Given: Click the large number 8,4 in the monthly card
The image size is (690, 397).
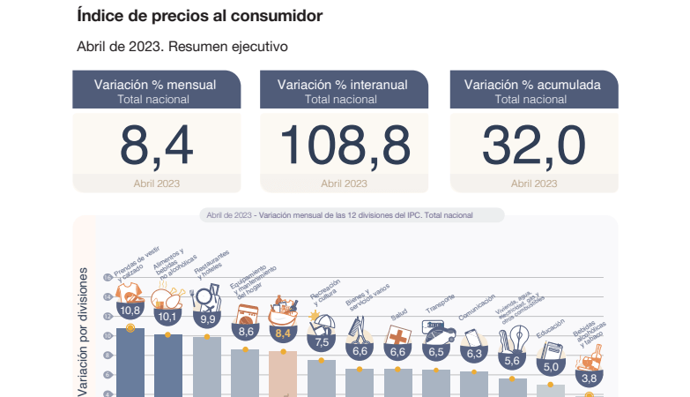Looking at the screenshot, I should tap(157, 145).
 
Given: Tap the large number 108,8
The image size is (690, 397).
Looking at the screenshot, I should tap(345, 145).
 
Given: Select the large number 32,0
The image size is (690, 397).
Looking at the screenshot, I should tap(533, 145).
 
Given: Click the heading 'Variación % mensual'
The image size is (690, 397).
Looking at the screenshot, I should tap(155, 85).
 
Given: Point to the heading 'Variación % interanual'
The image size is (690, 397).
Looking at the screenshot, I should tap(343, 85).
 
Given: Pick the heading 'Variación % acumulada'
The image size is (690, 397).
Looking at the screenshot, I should tap(533, 85).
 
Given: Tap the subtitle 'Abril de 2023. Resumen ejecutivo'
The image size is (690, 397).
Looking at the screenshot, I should tap(182, 46).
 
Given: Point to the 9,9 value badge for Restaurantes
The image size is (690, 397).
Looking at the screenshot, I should tap(207, 319).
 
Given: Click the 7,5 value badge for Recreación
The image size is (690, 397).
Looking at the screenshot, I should tap(322, 341).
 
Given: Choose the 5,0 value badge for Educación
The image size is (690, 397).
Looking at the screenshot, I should tap(551, 367).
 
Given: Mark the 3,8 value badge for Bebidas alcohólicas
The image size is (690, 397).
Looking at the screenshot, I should tap(589, 378).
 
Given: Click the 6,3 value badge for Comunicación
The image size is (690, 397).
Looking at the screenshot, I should tap(474, 354).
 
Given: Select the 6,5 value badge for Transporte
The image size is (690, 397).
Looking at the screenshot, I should tap(436, 351).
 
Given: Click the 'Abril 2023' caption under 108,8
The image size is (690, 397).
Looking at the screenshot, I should tap(344, 184).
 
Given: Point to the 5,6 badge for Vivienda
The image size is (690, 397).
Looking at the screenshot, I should tap(513, 360).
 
